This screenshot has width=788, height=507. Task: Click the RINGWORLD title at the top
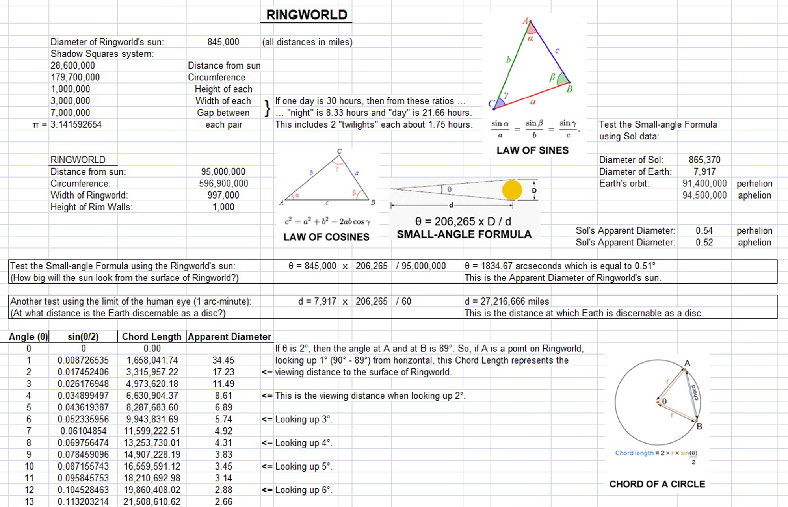tap(307, 15)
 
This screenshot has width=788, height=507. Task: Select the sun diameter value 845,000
tap(223, 42)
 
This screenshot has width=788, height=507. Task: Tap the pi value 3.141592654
tap(76, 124)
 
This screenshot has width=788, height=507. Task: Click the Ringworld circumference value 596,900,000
tap(223, 184)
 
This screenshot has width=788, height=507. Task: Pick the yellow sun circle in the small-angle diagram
tap(512, 190)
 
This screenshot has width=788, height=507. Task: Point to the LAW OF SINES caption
tap(532, 150)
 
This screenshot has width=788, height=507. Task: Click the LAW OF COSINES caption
tap(326, 237)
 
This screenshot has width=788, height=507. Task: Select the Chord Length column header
tap(152, 337)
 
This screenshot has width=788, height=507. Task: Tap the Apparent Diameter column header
tap(229, 337)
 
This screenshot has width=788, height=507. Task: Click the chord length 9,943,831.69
tap(152, 419)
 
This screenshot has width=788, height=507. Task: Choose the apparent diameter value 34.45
tap(223, 360)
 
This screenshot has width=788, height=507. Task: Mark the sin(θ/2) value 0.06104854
tap(83, 431)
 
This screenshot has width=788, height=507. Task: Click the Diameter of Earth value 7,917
tap(704, 172)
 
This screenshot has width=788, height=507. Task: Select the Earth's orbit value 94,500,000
tap(704, 195)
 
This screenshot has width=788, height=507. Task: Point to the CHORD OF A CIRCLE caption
tap(657, 484)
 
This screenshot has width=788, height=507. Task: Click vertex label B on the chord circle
tap(699, 426)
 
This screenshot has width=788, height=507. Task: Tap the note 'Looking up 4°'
tap(303, 443)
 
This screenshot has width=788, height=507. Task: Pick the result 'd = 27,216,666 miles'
tap(507, 301)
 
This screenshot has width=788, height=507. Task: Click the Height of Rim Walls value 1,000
tap(223, 207)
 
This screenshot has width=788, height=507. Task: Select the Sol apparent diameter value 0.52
tap(704, 243)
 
